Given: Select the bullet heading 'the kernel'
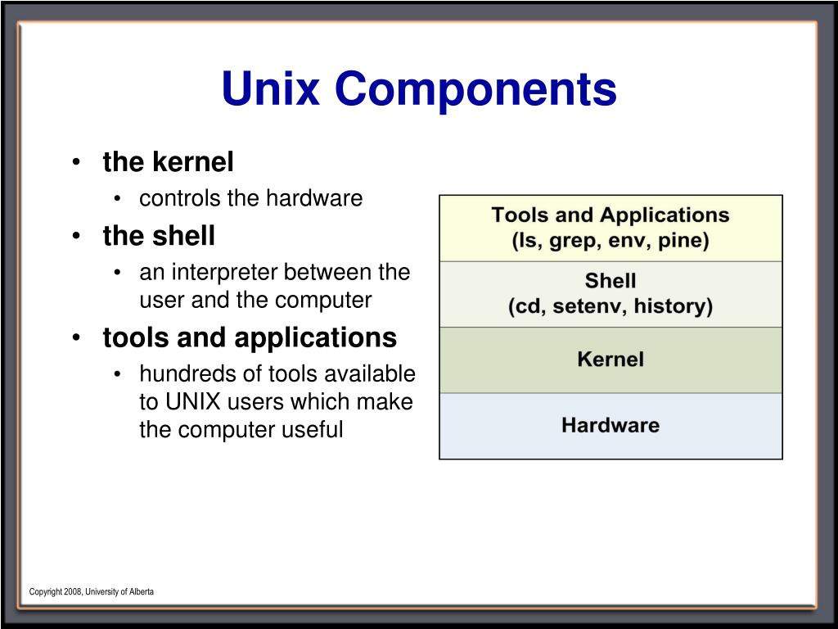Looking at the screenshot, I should click(x=168, y=162).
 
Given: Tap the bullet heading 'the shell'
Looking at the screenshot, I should click(x=159, y=236).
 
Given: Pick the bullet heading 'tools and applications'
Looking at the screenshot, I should click(x=250, y=337).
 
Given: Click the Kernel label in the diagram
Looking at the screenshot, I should click(x=610, y=360).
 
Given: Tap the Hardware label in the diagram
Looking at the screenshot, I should click(x=610, y=425).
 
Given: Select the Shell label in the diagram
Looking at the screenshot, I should click(x=610, y=282).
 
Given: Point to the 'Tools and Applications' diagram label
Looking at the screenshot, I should click(x=610, y=215).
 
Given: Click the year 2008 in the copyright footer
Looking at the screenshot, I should click(x=73, y=591).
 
